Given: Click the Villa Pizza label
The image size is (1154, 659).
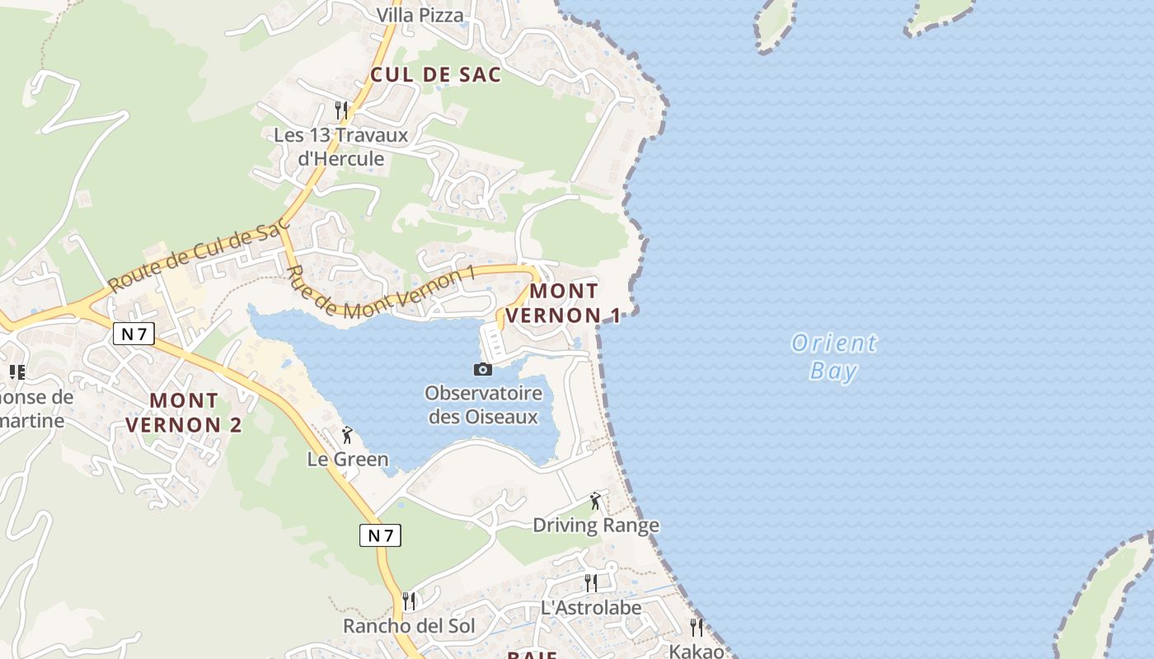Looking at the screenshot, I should click(x=420, y=15).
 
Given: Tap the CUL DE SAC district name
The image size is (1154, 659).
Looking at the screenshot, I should click(x=435, y=74).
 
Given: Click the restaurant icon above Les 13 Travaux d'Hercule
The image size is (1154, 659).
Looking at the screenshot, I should click(x=340, y=109).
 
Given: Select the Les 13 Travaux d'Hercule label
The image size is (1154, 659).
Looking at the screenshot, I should click(x=341, y=147).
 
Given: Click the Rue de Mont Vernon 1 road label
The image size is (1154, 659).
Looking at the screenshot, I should click(x=379, y=293).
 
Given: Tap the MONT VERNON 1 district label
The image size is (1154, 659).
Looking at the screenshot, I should click(x=564, y=303).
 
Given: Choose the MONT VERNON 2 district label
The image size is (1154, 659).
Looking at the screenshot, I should click(x=185, y=413).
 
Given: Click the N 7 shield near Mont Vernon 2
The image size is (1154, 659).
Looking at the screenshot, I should click(x=134, y=334).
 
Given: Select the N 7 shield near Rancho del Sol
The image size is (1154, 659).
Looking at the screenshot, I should click(x=380, y=535).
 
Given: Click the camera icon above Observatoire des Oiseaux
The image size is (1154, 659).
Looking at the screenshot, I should click(x=483, y=369).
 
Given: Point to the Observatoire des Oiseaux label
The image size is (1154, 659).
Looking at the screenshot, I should click(x=484, y=404).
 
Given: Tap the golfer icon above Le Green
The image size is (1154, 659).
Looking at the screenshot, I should click(x=347, y=435).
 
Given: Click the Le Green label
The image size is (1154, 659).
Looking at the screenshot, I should click(x=347, y=459).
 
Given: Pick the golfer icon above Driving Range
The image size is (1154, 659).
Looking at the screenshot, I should click(x=595, y=500).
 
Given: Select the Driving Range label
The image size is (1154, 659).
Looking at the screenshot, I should click(x=596, y=525).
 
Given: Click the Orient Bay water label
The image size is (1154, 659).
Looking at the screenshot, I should click(x=834, y=356).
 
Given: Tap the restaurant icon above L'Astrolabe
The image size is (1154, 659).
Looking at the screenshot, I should click(x=590, y=583).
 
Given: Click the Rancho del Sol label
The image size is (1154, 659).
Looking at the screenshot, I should click(x=409, y=625).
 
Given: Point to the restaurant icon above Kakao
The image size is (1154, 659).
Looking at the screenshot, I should click(x=697, y=628).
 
